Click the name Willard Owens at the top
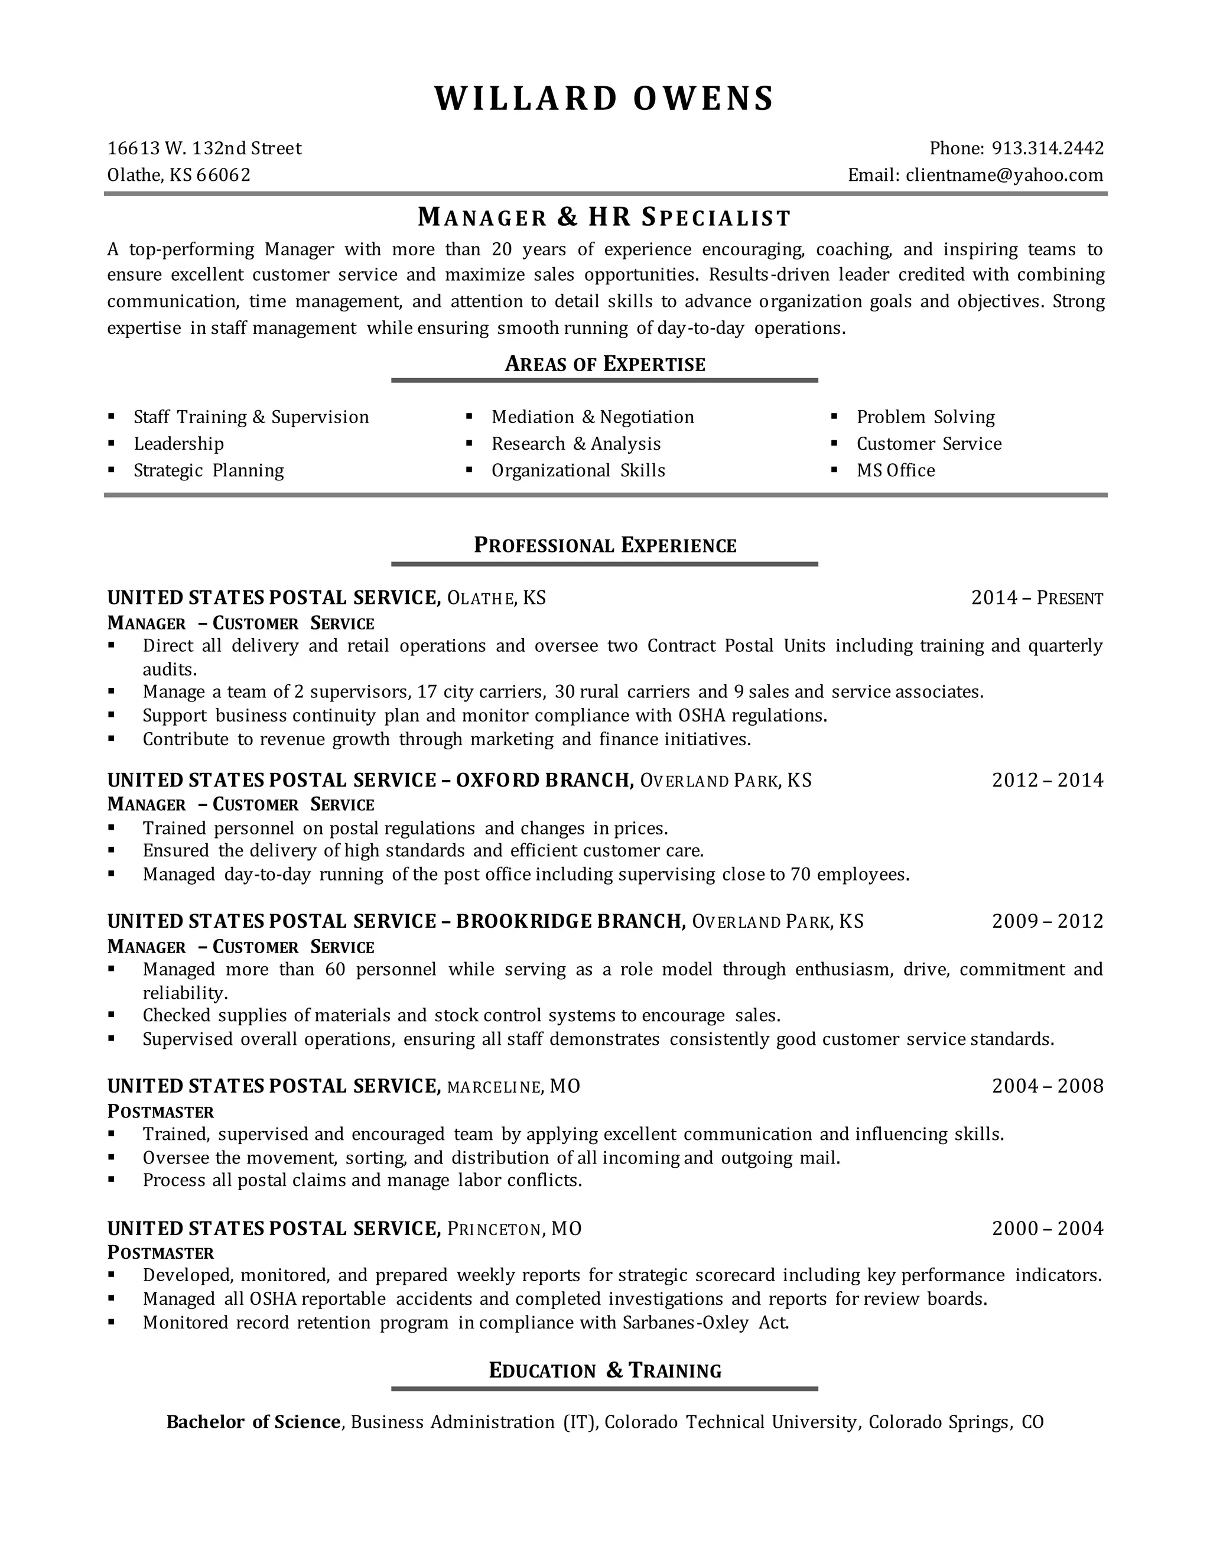click(604, 99)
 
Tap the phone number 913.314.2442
click(1048, 148)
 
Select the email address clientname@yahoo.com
click(1004, 175)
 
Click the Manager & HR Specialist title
click(604, 216)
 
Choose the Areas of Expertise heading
click(604, 364)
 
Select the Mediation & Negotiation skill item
click(592, 417)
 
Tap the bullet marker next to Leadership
click(111, 443)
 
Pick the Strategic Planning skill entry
click(209, 470)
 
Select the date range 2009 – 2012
click(1048, 921)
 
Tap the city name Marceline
click(493, 1087)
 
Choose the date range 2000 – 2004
click(1048, 1229)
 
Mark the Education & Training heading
click(604, 1371)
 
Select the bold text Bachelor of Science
click(253, 1422)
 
